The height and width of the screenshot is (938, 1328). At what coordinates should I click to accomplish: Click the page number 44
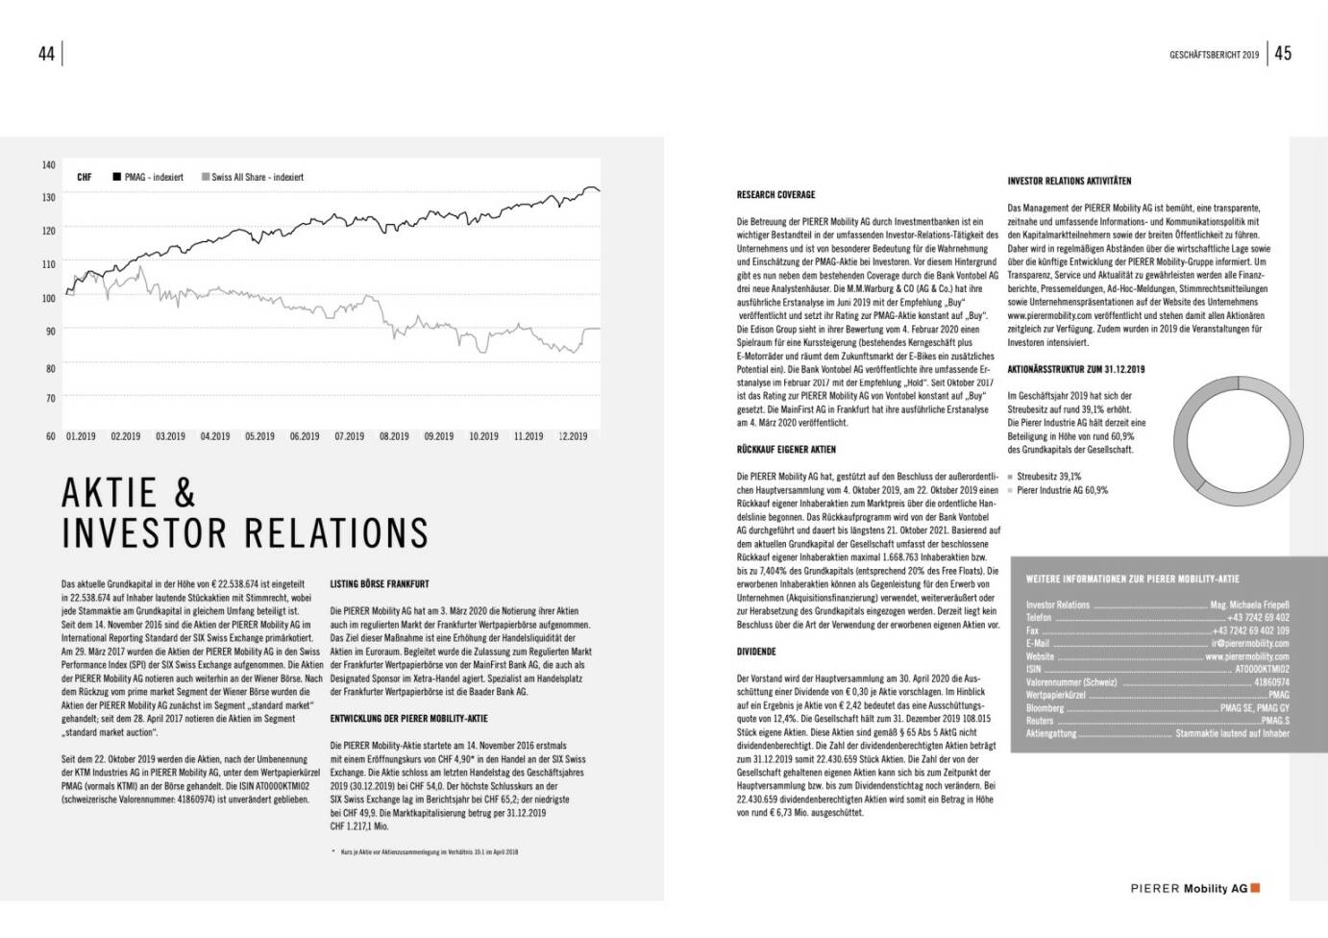pyautogui.click(x=46, y=54)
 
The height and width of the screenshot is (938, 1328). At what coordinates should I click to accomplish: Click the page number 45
pyautogui.click(x=1283, y=54)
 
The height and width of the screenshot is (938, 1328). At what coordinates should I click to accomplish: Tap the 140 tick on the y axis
pyautogui.click(x=49, y=165)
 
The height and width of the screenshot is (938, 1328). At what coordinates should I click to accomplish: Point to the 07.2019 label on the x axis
pyautogui.click(x=349, y=436)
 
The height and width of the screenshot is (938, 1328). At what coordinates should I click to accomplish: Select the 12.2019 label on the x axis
pyautogui.click(x=573, y=436)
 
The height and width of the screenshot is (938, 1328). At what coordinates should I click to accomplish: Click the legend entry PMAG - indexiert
pyautogui.click(x=148, y=177)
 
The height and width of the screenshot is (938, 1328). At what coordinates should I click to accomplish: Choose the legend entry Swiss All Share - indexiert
pyautogui.click(x=253, y=177)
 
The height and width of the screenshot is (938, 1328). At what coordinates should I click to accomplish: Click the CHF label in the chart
pyautogui.click(x=85, y=177)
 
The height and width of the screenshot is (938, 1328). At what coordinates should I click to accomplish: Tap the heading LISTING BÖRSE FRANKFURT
pyautogui.click(x=380, y=583)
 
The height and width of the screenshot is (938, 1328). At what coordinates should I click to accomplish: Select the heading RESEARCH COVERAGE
pyautogui.click(x=775, y=195)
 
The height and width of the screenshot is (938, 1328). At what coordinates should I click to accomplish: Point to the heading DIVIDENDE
pyautogui.click(x=756, y=652)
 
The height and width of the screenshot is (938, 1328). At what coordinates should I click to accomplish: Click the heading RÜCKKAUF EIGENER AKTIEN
pyautogui.click(x=786, y=450)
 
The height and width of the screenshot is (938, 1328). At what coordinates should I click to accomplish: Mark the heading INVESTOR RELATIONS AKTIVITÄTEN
pyautogui.click(x=1069, y=181)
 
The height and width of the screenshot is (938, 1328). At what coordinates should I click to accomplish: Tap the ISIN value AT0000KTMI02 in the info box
pyautogui.click(x=1262, y=669)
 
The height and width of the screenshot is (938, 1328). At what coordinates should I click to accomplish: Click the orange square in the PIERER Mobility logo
pyautogui.click(x=1255, y=888)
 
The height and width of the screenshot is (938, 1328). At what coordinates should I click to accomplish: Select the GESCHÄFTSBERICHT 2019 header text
pyautogui.click(x=1213, y=55)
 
